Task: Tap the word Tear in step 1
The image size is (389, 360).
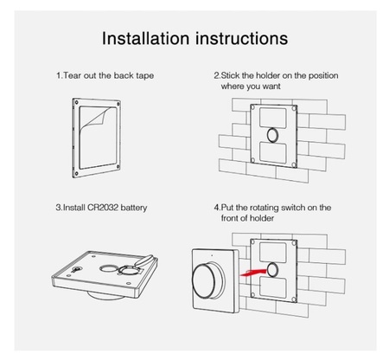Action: [x=72, y=75]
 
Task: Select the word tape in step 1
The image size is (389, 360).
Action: [x=144, y=76]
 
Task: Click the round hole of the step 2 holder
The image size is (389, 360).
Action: [x=272, y=135]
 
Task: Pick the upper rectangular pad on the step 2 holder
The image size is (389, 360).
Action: [x=273, y=118]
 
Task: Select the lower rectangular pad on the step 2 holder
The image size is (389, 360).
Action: [x=273, y=152]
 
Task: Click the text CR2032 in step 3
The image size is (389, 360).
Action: [x=103, y=208]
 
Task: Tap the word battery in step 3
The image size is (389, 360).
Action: [x=134, y=208]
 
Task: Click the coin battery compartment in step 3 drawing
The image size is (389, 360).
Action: [x=129, y=270]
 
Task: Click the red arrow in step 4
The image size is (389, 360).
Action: [x=254, y=273]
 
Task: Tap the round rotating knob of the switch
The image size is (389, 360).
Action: [x=207, y=280]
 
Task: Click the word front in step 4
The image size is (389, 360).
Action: [x=229, y=218]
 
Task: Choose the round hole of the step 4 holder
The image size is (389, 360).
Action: [x=272, y=270]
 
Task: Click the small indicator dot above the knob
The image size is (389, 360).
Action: [x=212, y=255]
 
